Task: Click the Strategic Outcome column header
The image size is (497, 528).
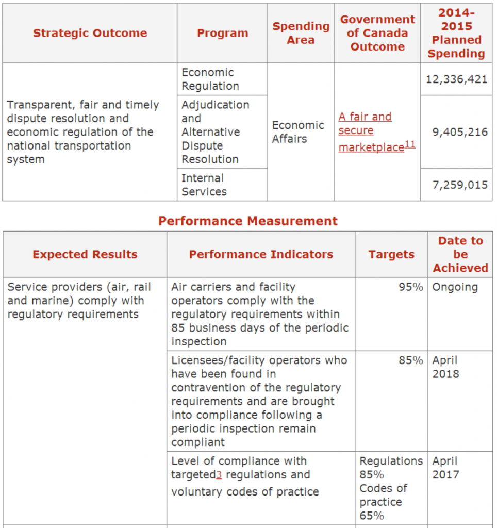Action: (x=90, y=33)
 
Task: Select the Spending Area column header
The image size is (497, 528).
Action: (x=301, y=33)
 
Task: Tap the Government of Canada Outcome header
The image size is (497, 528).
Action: (x=377, y=33)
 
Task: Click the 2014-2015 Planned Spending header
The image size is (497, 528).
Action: (x=456, y=33)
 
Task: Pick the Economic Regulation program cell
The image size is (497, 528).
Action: (x=210, y=79)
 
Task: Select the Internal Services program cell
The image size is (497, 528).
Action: (x=204, y=185)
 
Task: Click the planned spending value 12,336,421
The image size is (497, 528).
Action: (x=456, y=79)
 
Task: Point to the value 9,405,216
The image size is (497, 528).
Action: (x=459, y=132)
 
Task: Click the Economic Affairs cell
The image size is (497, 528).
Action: (x=298, y=132)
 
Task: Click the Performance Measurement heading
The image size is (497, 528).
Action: (x=248, y=221)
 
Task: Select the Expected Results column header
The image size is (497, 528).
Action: (x=85, y=254)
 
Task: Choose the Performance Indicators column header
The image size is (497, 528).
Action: (x=261, y=254)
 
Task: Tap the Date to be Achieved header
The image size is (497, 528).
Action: (x=460, y=254)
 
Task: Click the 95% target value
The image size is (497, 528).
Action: (x=411, y=287)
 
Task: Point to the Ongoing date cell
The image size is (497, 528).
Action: (x=455, y=287)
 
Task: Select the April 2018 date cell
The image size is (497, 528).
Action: (x=445, y=367)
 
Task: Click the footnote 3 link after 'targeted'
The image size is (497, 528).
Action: (x=219, y=475)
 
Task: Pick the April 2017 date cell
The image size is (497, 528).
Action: (x=445, y=468)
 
